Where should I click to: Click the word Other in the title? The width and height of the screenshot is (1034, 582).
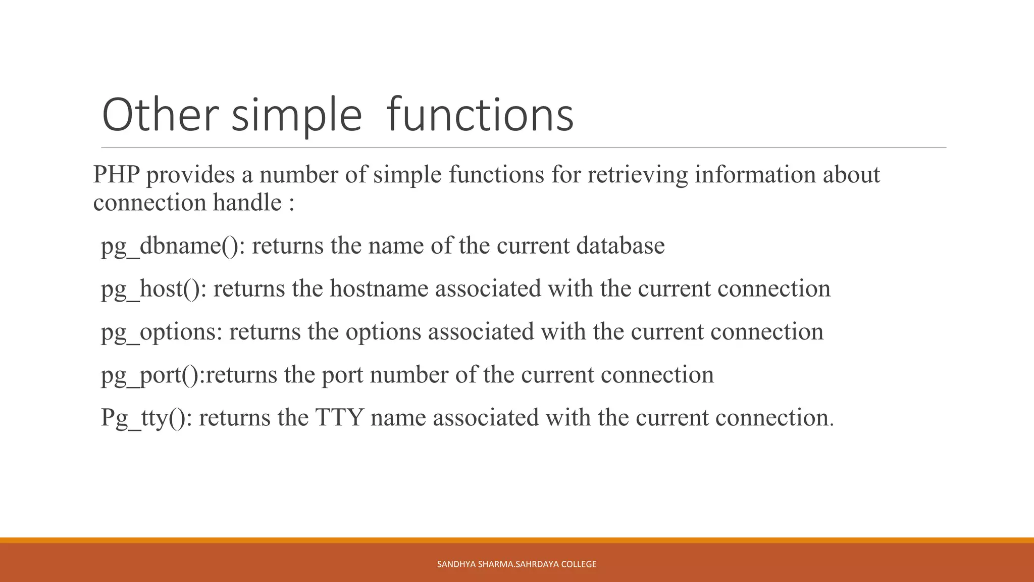pos(160,115)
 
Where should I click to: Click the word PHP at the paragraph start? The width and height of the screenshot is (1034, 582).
pos(116,175)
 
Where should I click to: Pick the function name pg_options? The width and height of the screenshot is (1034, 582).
pos(158,332)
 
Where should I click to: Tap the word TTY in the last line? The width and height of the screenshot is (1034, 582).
pos(339,418)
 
